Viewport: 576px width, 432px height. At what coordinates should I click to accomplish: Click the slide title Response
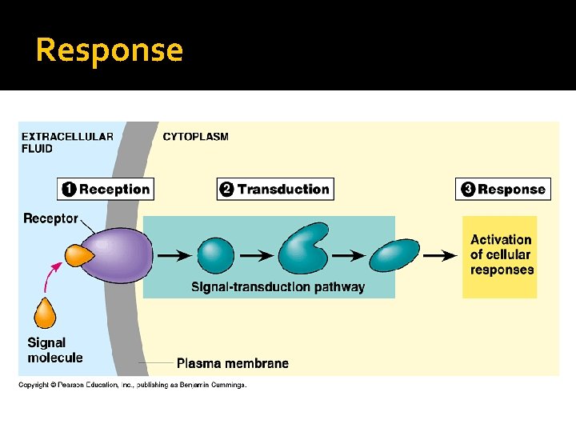pos(110,50)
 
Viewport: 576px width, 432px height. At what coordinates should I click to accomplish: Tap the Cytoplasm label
pos(195,137)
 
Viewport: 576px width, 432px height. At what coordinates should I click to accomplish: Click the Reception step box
pos(106,190)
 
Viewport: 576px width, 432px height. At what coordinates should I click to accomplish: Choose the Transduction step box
pos(275,190)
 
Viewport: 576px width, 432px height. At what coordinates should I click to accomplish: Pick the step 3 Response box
pos(503,190)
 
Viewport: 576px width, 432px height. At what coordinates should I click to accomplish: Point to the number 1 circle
pos(69,190)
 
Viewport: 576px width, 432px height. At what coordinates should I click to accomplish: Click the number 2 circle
pos(227,190)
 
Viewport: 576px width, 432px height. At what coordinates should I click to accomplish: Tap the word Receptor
pos(50,218)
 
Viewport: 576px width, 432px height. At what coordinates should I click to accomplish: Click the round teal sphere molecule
pos(215,256)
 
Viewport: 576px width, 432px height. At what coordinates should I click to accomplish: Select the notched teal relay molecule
pos(302,250)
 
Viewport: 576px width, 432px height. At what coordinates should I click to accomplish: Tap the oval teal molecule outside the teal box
pos(395,256)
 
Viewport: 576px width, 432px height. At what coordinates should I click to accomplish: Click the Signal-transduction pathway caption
pos(277,287)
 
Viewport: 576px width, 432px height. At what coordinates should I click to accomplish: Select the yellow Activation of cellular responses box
pos(501,255)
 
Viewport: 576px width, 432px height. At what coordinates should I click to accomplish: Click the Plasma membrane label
pos(232,363)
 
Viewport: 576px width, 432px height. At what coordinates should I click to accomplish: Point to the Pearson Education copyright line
pos(133,385)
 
